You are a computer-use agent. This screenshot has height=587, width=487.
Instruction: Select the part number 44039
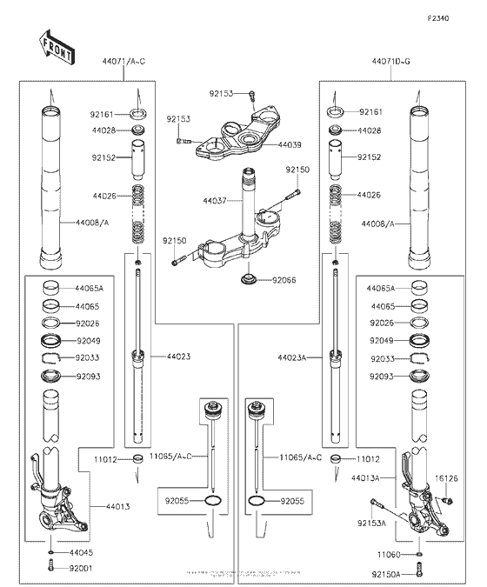290,144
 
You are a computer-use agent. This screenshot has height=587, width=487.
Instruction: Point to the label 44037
215,201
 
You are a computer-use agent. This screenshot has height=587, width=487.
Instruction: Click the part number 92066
284,280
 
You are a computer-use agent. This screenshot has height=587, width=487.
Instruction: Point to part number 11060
389,553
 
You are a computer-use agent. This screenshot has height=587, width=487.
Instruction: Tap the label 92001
81,568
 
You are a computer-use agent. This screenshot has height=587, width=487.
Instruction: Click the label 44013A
368,478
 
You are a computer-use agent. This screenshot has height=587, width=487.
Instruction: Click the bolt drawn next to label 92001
53,567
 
